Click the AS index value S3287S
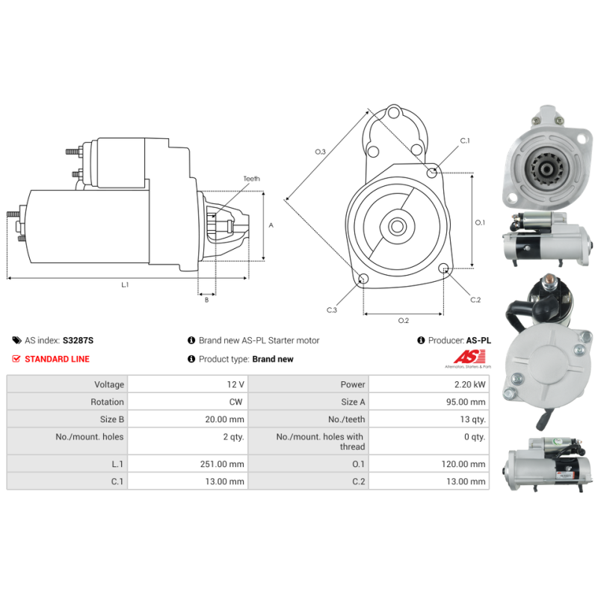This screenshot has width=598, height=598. coord(78,340)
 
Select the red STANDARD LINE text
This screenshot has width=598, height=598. coord(58,359)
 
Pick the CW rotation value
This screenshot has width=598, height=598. coord(235,402)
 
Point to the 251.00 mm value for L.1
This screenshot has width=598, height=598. coord(222,464)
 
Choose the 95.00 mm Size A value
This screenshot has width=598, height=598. coord(466,402)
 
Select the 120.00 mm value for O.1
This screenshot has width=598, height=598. coord(463,464)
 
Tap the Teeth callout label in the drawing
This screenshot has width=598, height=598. coord(252,179)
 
